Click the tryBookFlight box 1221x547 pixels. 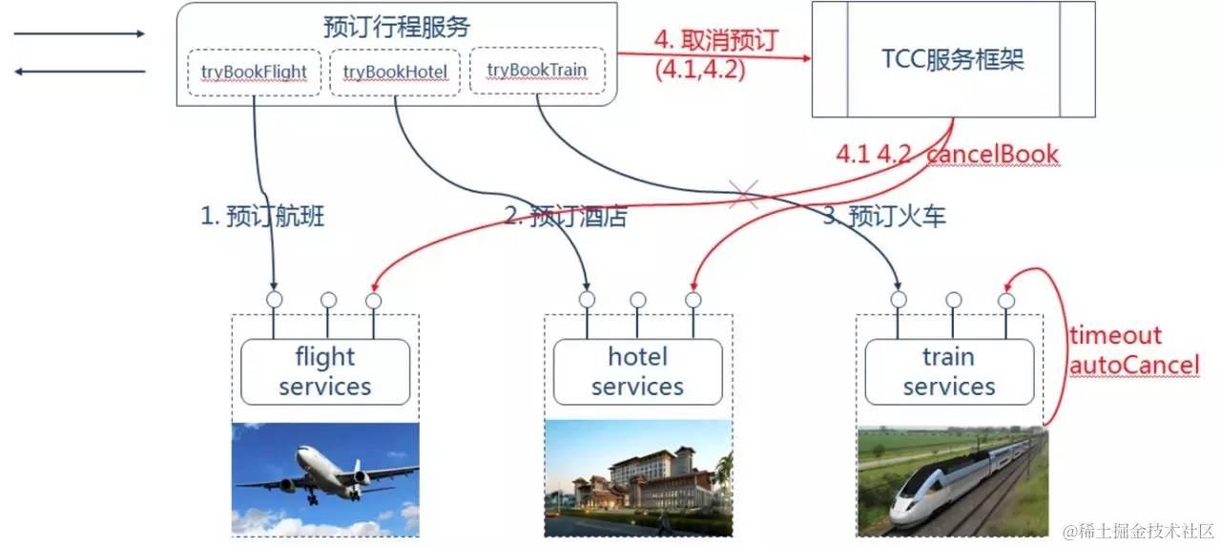click(x=254, y=72)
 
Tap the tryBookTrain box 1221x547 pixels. click(x=537, y=71)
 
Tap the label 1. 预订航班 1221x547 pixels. click(x=262, y=217)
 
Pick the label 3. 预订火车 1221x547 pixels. click(x=884, y=217)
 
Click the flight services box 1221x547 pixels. click(x=325, y=371)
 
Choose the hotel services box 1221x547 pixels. click(x=637, y=371)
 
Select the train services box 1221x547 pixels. click(x=948, y=371)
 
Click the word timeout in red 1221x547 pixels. click(x=1115, y=336)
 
